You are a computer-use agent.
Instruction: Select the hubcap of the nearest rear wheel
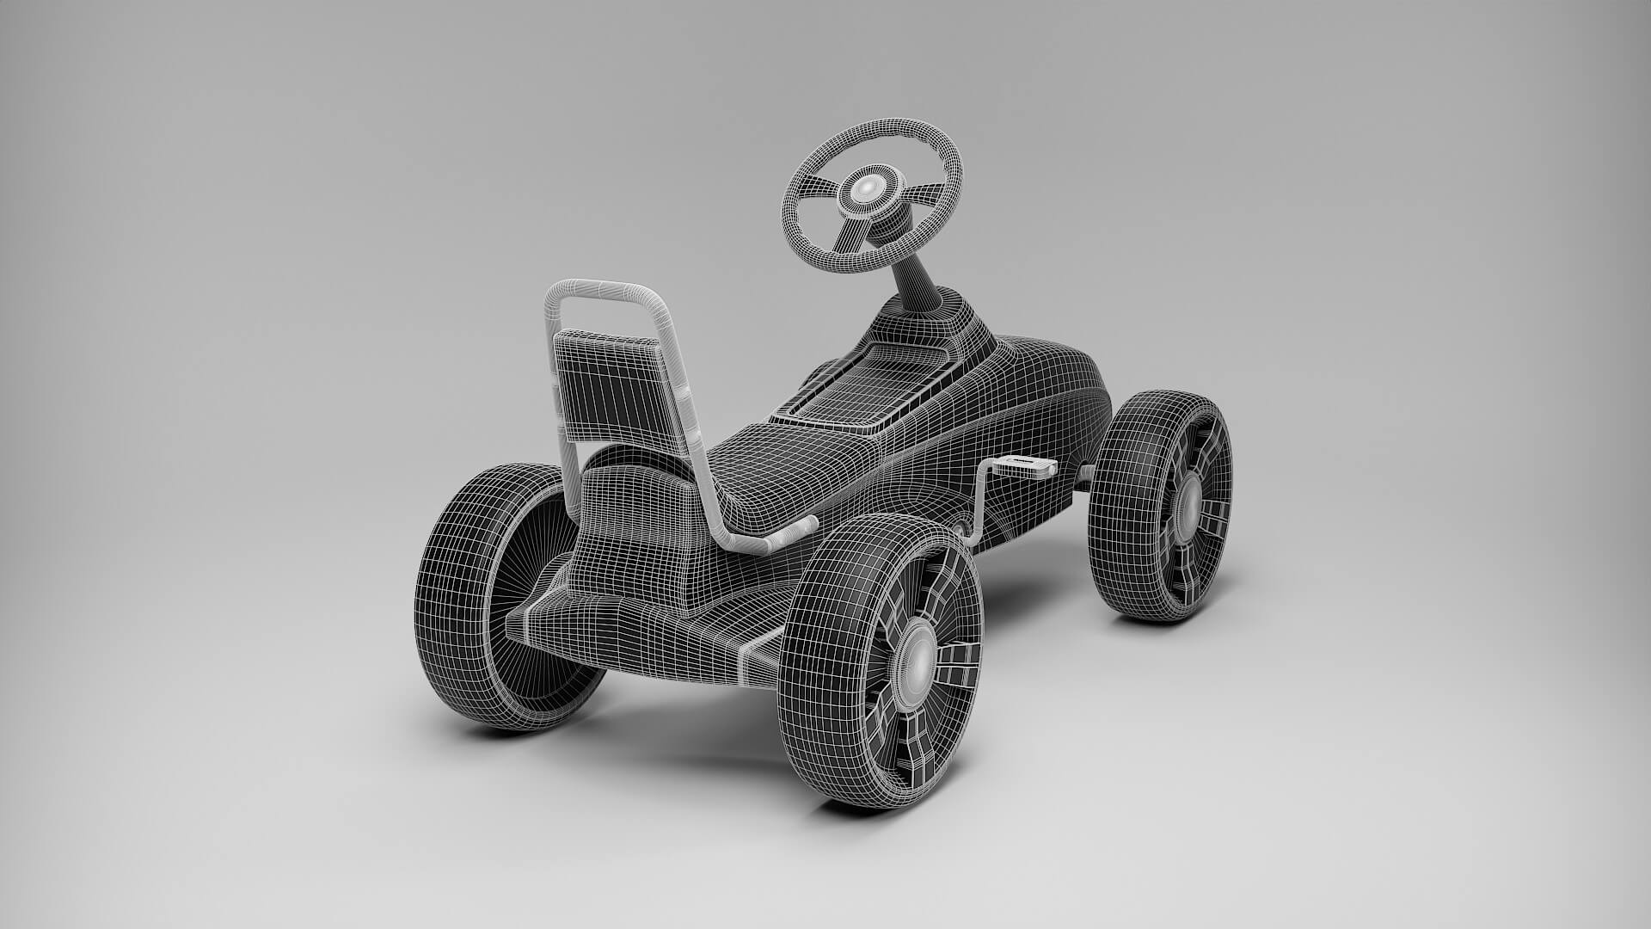915,658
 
